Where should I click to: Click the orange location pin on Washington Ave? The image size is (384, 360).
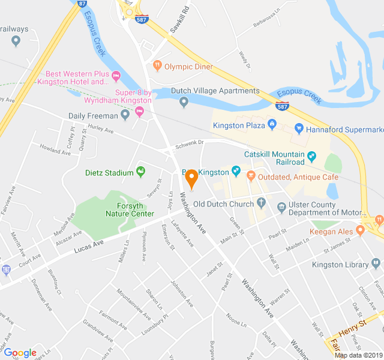(191, 178)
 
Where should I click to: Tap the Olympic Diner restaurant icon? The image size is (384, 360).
(157, 66)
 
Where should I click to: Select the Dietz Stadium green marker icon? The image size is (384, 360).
(141, 173)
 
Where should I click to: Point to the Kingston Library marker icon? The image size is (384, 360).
(376, 263)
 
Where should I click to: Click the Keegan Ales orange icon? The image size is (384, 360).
(360, 230)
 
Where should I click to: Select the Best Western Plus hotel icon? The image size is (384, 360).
(116, 76)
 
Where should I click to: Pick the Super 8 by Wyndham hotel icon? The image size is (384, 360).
(140, 112)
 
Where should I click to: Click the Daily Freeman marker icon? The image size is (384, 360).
(125, 115)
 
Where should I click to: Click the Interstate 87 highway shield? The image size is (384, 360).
(80, 2)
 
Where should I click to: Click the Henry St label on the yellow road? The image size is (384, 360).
(352, 327)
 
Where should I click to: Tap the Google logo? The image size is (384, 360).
(20, 353)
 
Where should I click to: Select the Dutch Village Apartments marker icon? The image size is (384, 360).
(184, 103)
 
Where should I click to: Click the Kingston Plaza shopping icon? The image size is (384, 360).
(271, 125)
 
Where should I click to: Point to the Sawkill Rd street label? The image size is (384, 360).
(179, 19)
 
